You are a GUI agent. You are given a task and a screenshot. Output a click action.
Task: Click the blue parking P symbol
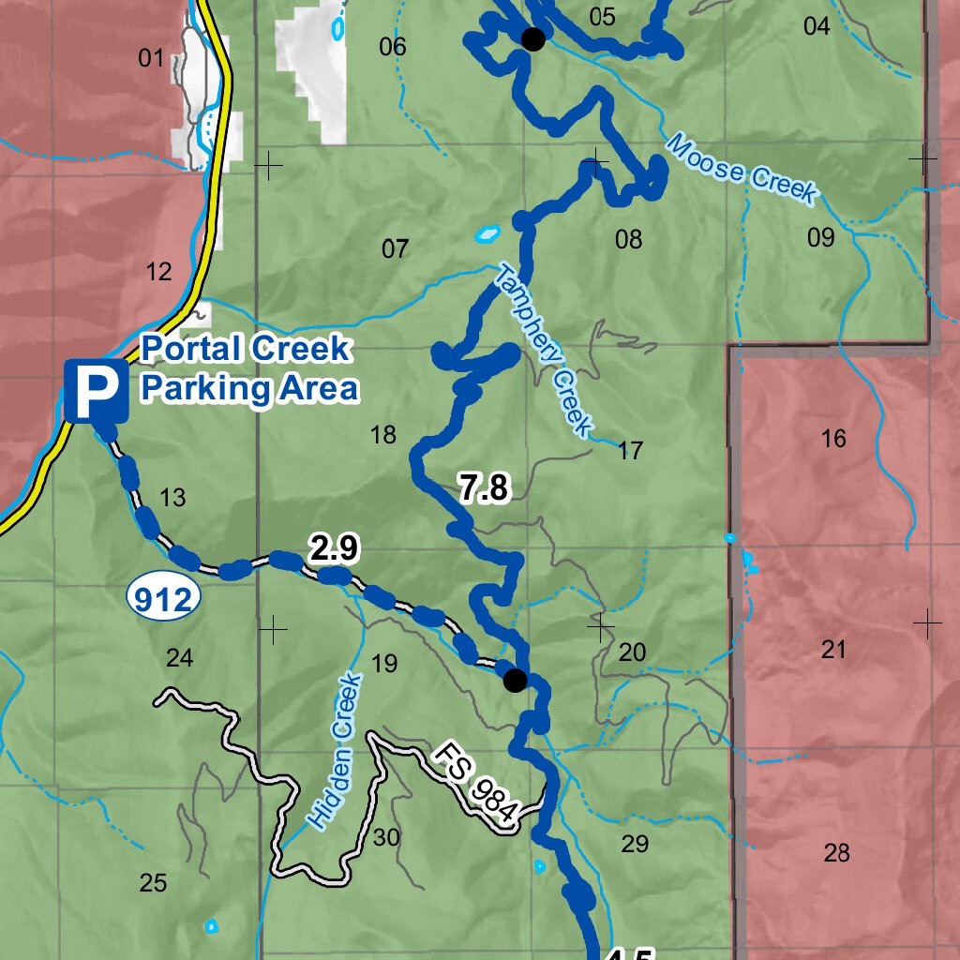tap(97, 391)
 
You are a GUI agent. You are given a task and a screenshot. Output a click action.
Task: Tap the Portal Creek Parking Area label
tap(248, 368)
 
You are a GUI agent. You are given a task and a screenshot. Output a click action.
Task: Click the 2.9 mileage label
tap(334, 549)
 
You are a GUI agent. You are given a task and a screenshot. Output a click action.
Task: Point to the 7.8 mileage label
tap(484, 488)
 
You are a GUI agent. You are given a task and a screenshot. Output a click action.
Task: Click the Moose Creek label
tap(741, 169)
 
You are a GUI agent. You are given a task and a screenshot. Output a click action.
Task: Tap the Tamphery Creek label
tap(545, 351)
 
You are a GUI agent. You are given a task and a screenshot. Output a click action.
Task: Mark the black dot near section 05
tap(532, 38)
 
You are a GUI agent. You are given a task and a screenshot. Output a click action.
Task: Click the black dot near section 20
tap(515, 680)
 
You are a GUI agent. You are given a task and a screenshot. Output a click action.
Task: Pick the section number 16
tap(832, 438)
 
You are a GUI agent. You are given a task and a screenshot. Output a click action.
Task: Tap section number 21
tap(833, 649)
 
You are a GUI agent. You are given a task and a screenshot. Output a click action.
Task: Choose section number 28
tap(836, 852)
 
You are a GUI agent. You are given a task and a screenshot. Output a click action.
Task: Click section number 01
tap(150, 59)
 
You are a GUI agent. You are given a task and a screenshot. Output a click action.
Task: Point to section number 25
tap(153, 882)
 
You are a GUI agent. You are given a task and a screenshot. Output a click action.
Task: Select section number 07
tap(396, 249)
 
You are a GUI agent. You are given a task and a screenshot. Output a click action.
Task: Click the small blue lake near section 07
tap(487, 232)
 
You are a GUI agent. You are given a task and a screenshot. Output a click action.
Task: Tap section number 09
tap(820, 237)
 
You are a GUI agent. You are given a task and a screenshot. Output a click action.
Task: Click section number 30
tap(386, 837)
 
